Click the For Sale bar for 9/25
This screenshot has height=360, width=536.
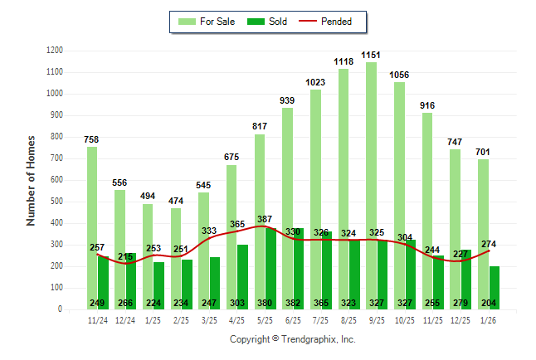click(x=371, y=166)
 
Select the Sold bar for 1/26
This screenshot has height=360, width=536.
click(x=495, y=282)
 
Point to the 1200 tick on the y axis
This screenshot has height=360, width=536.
click(x=54, y=51)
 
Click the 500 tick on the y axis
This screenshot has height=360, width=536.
click(x=56, y=202)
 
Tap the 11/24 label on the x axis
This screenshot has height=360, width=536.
click(x=97, y=319)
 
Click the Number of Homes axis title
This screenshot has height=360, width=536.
click(x=31, y=180)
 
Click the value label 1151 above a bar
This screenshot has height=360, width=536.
click(x=371, y=55)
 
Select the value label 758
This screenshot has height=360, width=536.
click(x=91, y=139)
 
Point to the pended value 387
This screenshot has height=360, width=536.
click(x=266, y=219)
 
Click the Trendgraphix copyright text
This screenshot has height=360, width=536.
click(x=292, y=339)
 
